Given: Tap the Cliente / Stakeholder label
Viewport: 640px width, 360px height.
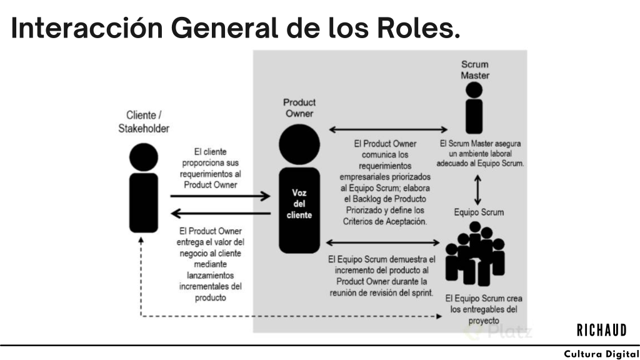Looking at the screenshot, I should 144,121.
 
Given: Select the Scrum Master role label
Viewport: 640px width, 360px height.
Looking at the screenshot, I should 474,69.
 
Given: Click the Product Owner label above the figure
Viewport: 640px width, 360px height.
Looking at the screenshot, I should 299,107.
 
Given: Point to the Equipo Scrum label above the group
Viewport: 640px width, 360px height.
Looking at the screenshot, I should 479,212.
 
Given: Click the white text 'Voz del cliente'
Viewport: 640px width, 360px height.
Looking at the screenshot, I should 299,204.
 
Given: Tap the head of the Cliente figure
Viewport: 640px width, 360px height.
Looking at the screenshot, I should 144,156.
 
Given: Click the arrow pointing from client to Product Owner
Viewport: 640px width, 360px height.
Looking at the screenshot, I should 220,196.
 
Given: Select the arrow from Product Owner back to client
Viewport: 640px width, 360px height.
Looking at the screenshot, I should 220,214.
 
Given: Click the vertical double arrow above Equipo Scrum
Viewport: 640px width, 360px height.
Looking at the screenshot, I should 479,189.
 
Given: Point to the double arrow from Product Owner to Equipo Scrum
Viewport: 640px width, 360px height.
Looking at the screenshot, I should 385,242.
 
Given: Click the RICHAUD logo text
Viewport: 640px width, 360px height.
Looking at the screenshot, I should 601,331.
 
